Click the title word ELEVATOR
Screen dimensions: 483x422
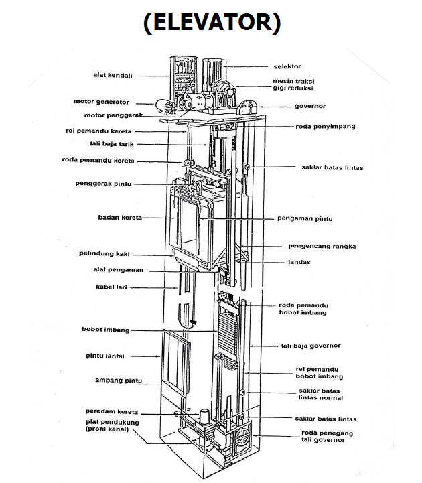click(x=211, y=22)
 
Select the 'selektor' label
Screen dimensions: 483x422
click(x=287, y=66)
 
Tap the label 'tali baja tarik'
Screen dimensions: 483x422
click(x=112, y=143)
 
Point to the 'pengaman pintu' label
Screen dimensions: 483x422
click(x=305, y=218)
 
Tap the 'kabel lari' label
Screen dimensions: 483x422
click(x=111, y=287)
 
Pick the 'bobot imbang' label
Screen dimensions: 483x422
click(x=105, y=330)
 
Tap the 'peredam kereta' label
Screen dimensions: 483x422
click(x=111, y=411)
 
